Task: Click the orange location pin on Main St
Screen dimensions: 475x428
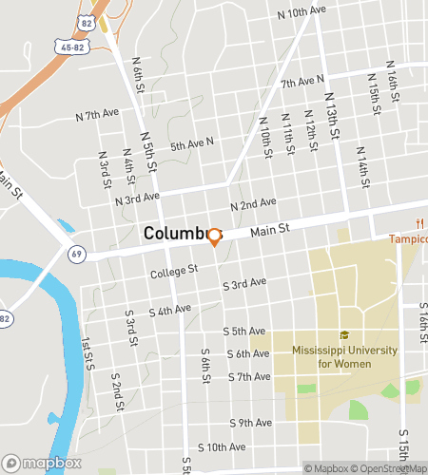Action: (x=214, y=236)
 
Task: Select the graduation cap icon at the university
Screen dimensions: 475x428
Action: (x=344, y=334)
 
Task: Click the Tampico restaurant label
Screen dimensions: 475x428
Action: (x=408, y=238)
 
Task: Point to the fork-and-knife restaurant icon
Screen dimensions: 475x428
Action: (x=417, y=223)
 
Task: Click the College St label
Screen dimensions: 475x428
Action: (x=173, y=272)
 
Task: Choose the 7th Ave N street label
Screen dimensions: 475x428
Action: (x=302, y=83)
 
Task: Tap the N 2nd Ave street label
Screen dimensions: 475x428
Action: (x=253, y=204)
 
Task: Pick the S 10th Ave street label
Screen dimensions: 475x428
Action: (x=222, y=446)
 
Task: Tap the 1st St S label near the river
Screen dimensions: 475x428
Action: (x=88, y=353)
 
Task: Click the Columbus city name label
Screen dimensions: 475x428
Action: (x=175, y=233)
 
